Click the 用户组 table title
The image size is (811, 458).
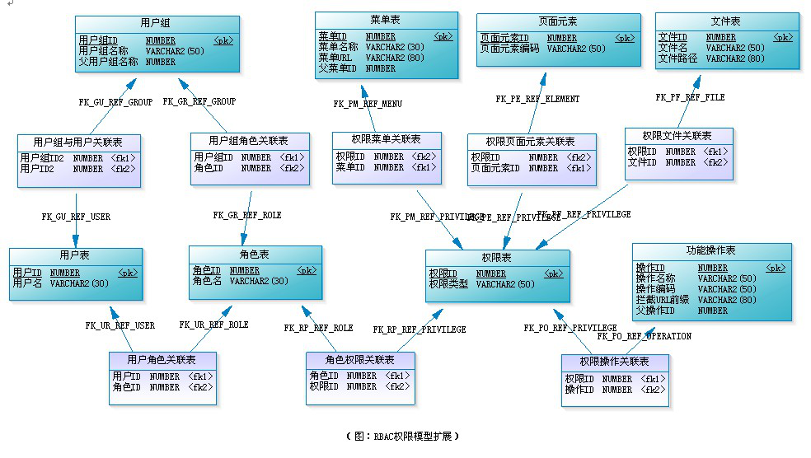pos(157,22)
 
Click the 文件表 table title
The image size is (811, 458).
pos(726,20)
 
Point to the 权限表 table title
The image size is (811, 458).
pos(496,258)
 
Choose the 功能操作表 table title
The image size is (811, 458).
pos(711,250)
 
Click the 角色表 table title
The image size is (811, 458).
pos(255,255)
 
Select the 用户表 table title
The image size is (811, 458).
pos(75,256)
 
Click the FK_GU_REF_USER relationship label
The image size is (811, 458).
pos(76,217)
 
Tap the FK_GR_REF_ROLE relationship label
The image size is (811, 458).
pos(247,215)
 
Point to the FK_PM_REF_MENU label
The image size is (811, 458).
pos(368,104)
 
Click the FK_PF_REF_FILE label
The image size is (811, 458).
pos(690,97)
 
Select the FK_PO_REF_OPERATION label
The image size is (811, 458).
pos(644,336)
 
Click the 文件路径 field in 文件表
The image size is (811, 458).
pos(677,58)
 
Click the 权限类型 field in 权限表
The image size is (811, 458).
pos(448,284)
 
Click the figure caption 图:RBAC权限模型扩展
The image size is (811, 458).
pos(403,436)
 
